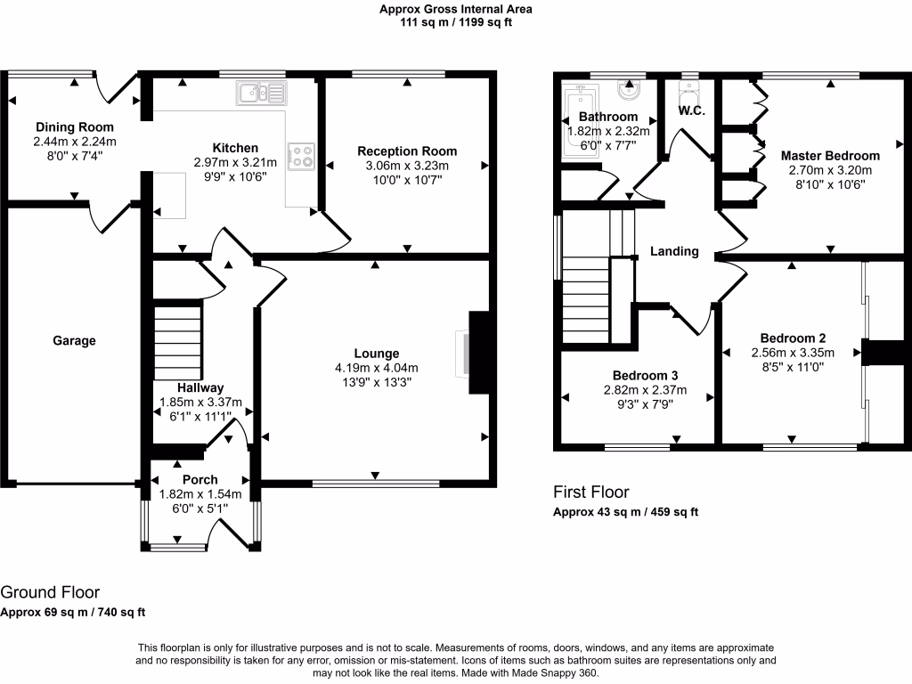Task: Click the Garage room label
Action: (74, 340)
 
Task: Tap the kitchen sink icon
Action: (261, 92)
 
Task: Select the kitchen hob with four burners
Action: (301, 156)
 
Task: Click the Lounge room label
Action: (376, 354)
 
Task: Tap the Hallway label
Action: (199, 387)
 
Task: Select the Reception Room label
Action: (407, 151)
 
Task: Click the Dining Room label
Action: (75, 127)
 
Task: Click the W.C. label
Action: (692, 111)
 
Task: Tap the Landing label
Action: (674, 251)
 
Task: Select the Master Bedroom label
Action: (830, 156)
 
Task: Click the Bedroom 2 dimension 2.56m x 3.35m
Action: (793, 352)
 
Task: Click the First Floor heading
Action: (590, 492)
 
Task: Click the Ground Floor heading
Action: (50, 592)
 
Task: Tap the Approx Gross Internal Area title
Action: (455, 10)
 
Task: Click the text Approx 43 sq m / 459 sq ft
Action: (625, 512)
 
